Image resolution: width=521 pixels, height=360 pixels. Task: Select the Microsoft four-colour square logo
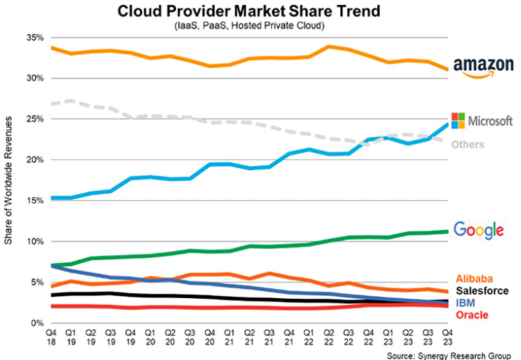pyautogui.click(x=459, y=120)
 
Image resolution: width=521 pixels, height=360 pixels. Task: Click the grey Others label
pyautogui.click(x=467, y=145)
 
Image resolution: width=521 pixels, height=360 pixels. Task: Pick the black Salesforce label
pyautogui.click(x=481, y=291)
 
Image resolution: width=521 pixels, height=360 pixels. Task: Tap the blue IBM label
pyautogui.click(x=465, y=304)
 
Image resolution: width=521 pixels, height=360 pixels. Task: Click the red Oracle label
pyautogui.click(x=471, y=316)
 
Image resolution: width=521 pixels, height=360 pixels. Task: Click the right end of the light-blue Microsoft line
pyautogui.click(x=445, y=124)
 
